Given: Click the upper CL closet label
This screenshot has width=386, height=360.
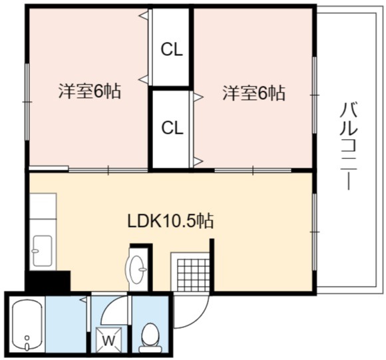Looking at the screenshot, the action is (172, 50).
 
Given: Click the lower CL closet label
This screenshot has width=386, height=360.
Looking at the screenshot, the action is (172, 128).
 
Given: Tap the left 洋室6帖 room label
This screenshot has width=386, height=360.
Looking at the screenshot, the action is (90, 91).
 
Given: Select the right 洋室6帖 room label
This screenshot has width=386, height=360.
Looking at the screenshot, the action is (254, 93).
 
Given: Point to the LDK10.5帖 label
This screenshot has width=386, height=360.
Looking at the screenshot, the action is (170, 221).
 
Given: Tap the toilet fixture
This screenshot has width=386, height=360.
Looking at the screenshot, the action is (150, 339).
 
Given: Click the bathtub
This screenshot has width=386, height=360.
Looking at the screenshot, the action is (27, 325).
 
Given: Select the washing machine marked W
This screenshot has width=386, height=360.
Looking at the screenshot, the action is (108, 340).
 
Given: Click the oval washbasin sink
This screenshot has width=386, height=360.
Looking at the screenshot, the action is (136, 270).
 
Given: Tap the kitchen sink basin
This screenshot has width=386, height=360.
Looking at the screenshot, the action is (43, 251).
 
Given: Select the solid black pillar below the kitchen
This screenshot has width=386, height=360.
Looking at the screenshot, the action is (48, 281).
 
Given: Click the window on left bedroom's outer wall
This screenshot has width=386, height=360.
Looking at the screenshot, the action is (27, 102).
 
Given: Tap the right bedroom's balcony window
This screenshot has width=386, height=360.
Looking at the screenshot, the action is (314, 95).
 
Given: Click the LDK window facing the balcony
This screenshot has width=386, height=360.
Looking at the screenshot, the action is (314, 232).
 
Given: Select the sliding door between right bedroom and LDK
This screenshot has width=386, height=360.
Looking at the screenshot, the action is (253, 170).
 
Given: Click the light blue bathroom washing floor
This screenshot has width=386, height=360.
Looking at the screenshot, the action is (66, 324).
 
